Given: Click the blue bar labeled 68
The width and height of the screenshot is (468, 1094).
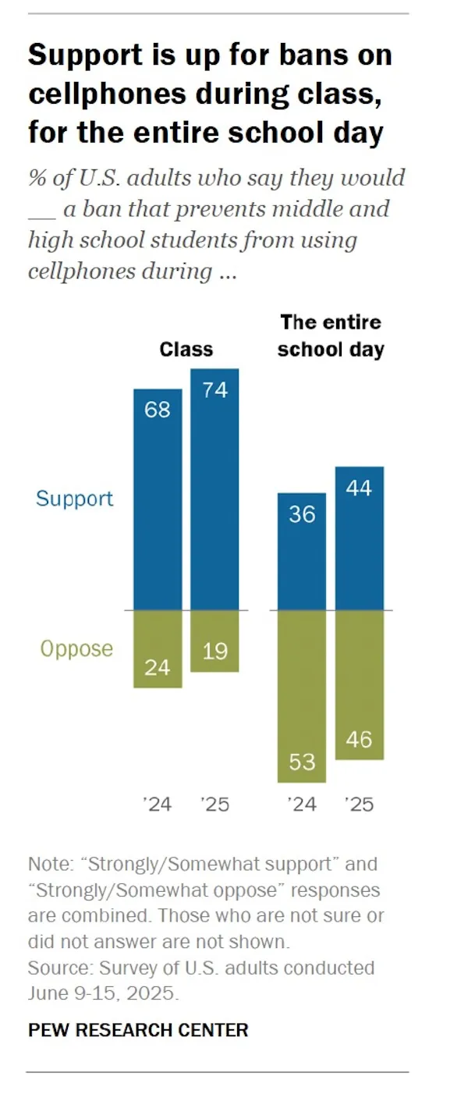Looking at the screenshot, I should (158, 499).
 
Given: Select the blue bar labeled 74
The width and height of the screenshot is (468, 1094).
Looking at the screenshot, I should (214, 489).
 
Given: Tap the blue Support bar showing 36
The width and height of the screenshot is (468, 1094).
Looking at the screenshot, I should (302, 551).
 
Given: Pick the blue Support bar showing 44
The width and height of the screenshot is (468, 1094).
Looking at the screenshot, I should (360, 538).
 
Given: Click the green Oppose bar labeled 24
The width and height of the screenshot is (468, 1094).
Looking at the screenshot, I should (158, 648).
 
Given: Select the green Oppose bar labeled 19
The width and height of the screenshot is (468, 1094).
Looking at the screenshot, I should (214, 641).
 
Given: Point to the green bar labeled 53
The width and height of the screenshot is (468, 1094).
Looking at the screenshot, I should (302, 695).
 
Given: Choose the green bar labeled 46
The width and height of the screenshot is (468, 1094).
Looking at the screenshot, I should (360, 684).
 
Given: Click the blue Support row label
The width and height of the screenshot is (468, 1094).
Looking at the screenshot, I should (75, 499).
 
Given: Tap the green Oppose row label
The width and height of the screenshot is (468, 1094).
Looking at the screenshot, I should (76, 649).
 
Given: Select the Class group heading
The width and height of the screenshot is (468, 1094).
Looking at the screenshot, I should (186, 349).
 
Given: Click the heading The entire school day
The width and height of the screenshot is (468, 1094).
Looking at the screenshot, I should (331, 336).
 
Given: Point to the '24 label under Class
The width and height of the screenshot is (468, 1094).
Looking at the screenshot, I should (158, 804).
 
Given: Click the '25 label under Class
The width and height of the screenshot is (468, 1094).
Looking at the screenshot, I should (214, 804).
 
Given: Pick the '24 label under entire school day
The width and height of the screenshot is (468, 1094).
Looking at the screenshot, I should (302, 804).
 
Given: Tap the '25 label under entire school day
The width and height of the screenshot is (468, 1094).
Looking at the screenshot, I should (360, 804).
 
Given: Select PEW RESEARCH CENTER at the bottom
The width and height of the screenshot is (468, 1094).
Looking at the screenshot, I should (138, 1030).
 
